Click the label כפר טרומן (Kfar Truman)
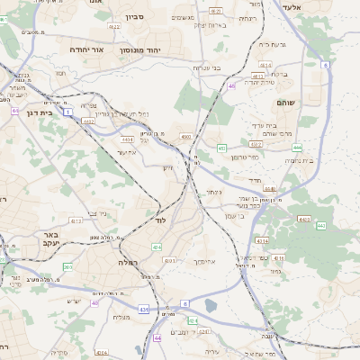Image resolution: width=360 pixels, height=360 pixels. pyautogui.click(x=244, y=157)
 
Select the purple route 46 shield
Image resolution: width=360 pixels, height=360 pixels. pyautogui.click(x=231, y=85)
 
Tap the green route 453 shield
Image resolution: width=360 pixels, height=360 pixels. pyautogui.click(x=221, y=148)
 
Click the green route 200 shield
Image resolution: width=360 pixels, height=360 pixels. pyautogui.click(x=68, y=266)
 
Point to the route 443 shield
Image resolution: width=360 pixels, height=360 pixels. pyautogui.click(x=320, y=225)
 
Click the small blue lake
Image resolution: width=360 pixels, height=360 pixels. pyautogui.click(x=211, y=305)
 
